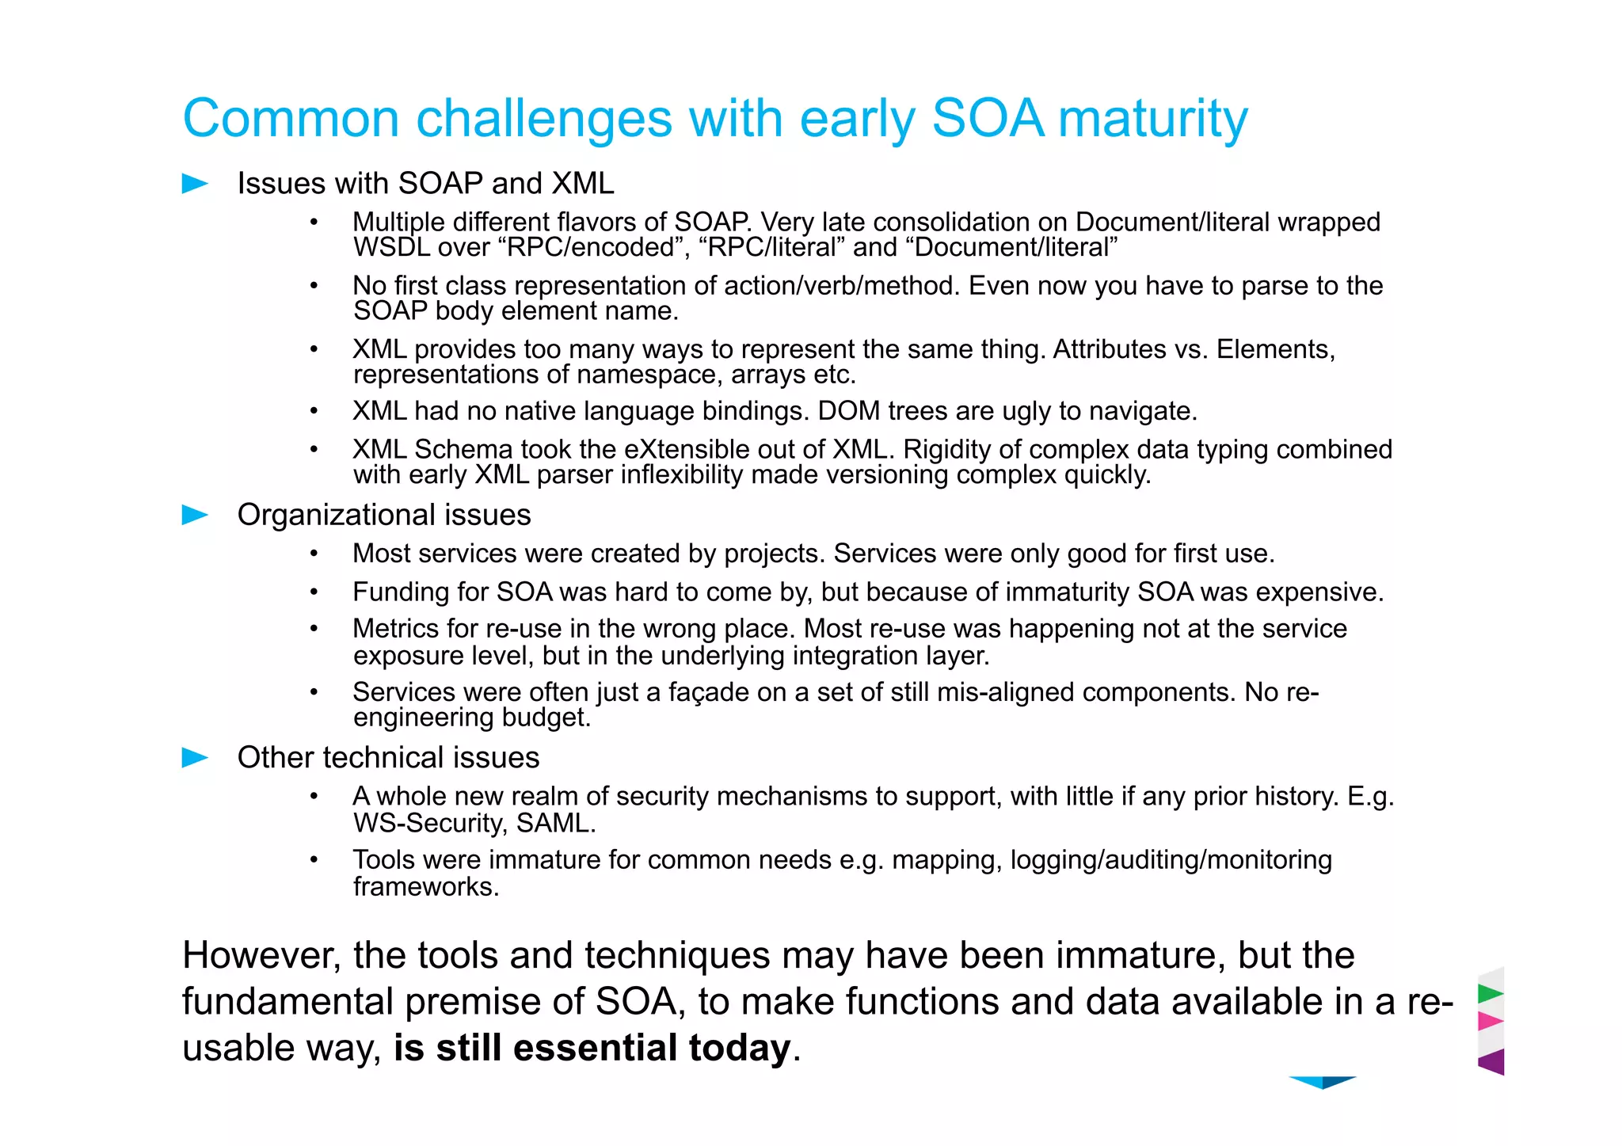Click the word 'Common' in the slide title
tap(290, 120)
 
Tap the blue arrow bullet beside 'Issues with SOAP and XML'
tap(194, 184)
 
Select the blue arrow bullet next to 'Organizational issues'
tap(194, 516)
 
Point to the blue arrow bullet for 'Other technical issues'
tap(194, 758)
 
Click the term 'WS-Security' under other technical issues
tap(428, 824)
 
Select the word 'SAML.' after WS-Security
tap(556, 824)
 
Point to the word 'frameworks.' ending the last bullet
tap(426, 887)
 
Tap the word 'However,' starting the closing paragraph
tap(261, 956)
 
